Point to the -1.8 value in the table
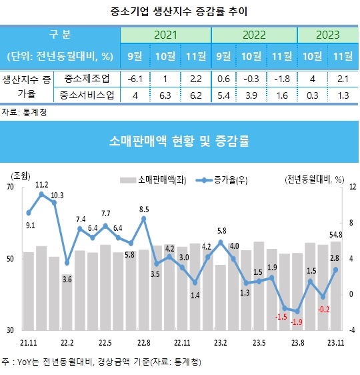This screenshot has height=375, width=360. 283,79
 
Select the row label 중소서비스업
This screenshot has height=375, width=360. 86,95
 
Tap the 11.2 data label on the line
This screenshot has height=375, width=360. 41,184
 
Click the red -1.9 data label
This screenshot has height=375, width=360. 297,322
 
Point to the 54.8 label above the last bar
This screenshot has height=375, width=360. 336,234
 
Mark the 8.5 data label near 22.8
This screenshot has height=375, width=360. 143,210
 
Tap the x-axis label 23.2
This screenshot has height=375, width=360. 220,342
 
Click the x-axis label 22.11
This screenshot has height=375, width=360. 181,342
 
